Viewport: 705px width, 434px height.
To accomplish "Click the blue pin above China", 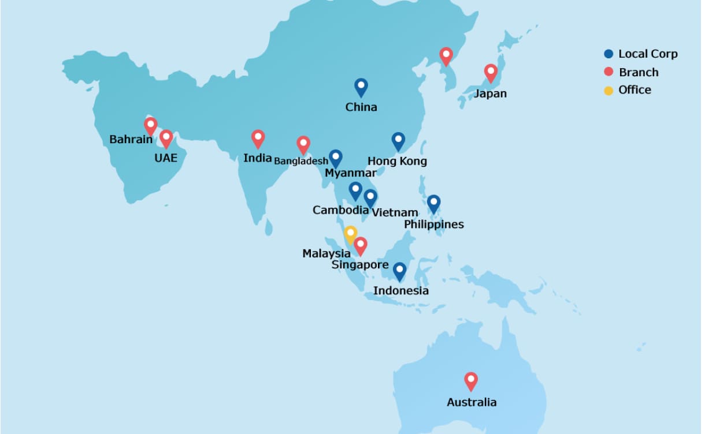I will [x=361, y=87].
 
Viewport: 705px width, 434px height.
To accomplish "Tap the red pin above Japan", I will [x=491, y=73].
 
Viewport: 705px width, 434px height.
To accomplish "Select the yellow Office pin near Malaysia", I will [x=350, y=234].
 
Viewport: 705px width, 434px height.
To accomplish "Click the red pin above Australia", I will [x=471, y=381].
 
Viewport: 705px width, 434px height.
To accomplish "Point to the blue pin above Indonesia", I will [x=399, y=271].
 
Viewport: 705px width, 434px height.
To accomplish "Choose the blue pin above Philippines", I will [x=433, y=203].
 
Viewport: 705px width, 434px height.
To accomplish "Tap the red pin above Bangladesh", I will [x=303, y=145].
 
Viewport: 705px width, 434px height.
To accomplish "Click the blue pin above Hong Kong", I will [x=398, y=141].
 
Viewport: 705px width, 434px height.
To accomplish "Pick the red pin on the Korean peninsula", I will [x=446, y=56].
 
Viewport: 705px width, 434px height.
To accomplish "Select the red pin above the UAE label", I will [x=166, y=139].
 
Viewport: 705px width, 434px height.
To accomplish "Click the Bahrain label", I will [x=131, y=140].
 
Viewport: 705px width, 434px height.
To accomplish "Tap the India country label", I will [x=258, y=158].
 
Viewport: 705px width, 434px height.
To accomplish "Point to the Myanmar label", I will [x=350, y=173].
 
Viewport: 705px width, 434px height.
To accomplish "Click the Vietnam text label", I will [x=395, y=212].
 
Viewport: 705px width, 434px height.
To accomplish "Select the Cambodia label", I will [x=340, y=210].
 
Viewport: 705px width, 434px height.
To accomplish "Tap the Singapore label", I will [x=360, y=265].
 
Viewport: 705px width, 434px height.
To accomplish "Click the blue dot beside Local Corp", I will [x=608, y=54].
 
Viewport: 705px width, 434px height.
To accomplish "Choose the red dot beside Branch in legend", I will [x=608, y=72].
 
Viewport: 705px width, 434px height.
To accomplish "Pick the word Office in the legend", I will [x=634, y=90].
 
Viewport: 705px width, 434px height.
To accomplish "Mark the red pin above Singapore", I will [x=361, y=246].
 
